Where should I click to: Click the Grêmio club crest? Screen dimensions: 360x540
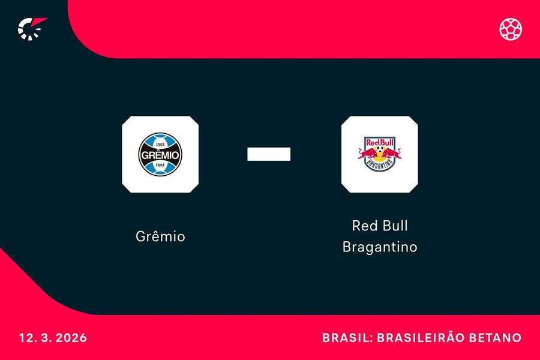tap(160, 154)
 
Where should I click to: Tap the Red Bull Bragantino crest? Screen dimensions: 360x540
tap(379, 154)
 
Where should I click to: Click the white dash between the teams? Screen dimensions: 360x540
tap(269, 154)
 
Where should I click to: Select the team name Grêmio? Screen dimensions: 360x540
tap(160, 236)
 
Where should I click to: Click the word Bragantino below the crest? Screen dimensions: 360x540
tap(379, 247)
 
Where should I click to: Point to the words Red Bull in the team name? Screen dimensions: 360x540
tap(379, 226)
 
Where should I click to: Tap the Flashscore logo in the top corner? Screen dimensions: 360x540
tap(31, 28)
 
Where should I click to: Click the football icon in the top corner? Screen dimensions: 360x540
tap(511, 29)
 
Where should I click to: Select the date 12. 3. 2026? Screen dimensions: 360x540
tap(53, 338)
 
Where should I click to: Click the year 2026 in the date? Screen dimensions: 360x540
tap(73, 338)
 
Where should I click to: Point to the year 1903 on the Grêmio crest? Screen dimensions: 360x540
tap(160, 144)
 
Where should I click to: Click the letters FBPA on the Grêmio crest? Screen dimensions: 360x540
tap(160, 165)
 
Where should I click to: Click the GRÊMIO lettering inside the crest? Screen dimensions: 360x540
tap(160, 155)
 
